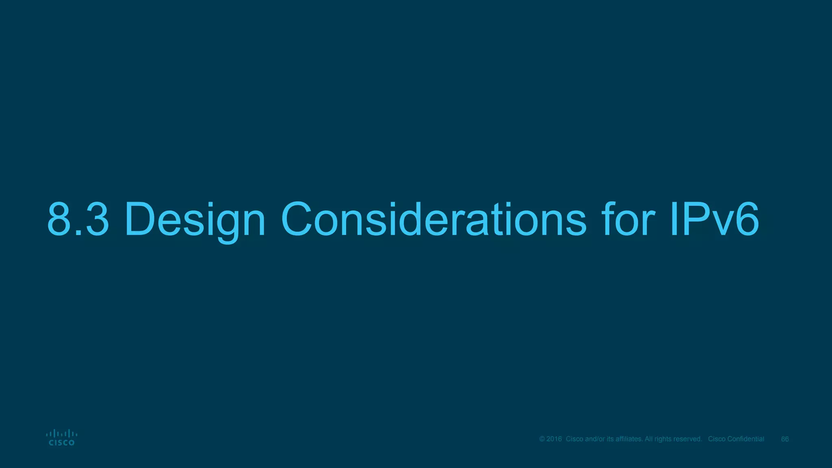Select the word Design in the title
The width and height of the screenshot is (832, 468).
195,219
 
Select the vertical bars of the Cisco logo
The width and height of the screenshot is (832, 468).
62,434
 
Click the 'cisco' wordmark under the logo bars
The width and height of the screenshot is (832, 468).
62,443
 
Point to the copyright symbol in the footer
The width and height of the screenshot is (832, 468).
542,439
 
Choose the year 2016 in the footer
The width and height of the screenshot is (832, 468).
554,439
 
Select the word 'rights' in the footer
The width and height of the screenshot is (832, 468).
663,439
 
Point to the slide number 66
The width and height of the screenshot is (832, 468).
785,439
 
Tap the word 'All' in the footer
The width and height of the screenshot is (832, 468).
649,439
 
